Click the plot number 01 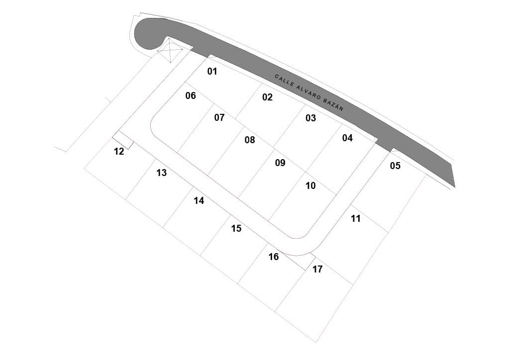coord(212,72)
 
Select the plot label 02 coord(268,97)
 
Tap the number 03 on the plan coord(310,118)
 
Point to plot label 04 coord(347,138)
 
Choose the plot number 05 coord(395,166)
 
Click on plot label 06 coord(191,96)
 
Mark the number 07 coord(219,118)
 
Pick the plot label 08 coord(250,140)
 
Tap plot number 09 coord(280,163)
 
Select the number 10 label coord(310,186)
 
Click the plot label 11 coord(355,218)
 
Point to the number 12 coord(119,152)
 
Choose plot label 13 coord(161,173)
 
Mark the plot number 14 coord(199,201)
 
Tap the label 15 coord(236,229)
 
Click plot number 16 coord(274,257)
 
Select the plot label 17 coord(317,270)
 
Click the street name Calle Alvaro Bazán coord(309,92)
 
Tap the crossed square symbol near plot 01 coord(170,50)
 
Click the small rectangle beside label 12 coord(123,140)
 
